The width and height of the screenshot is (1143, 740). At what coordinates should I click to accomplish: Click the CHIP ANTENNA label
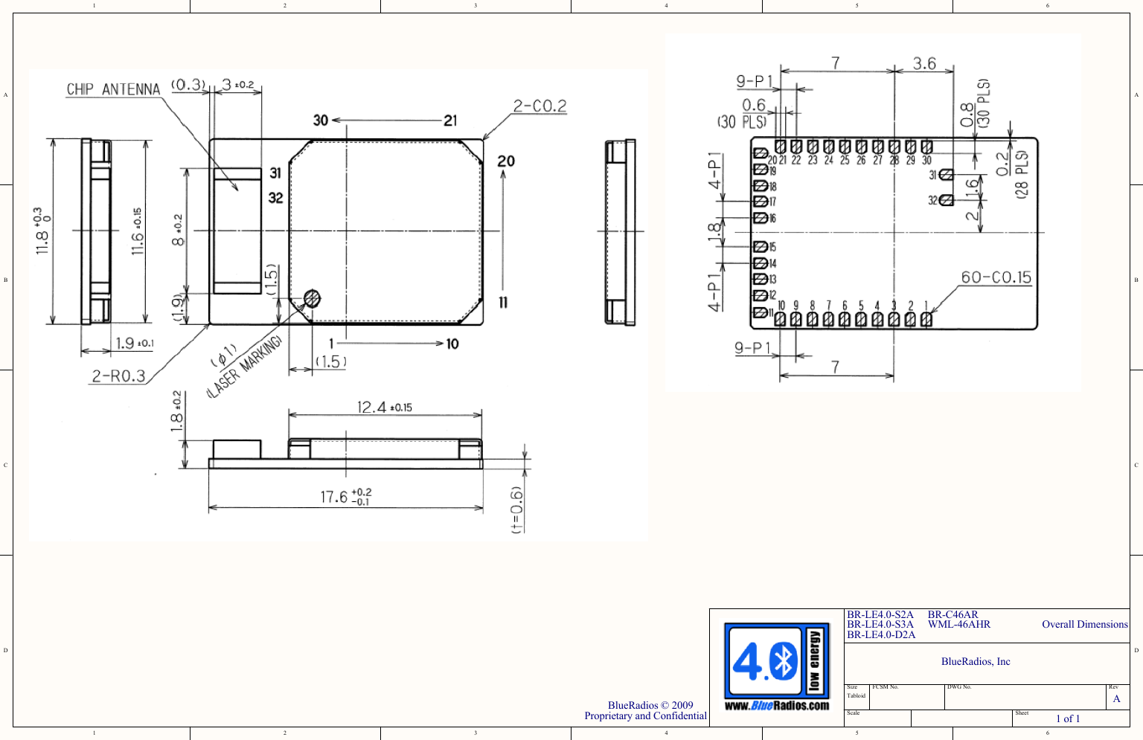tap(113, 89)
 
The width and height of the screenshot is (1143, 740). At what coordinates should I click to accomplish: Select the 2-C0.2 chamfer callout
tap(540, 106)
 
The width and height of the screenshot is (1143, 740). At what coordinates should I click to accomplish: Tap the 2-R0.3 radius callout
tap(118, 376)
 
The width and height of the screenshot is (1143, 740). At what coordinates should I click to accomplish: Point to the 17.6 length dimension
tap(345, 497)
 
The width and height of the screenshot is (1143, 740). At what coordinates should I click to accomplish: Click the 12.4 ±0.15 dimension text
tap(384, 407)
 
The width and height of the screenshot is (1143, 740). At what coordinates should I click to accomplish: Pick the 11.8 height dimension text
tap(43, 231)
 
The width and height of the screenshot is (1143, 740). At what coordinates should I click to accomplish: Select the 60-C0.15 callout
tap(996, 277)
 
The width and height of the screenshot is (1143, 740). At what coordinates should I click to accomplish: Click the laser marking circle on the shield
tap(313, 299)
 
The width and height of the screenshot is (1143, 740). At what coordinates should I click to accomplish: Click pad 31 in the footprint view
tap(946, 175)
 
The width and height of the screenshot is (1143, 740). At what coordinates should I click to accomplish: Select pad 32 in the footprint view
tap(946, 200)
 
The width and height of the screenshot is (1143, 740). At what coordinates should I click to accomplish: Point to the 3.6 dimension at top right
tap(924, 63)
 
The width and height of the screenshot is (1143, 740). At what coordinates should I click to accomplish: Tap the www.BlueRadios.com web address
tap(776, 706)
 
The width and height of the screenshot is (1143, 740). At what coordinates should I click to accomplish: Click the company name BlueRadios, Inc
tap(976, 662)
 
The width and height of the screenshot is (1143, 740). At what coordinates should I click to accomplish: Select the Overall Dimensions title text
tap(1084, 625)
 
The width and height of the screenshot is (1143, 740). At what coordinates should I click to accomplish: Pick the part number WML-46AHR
tap(958, 625)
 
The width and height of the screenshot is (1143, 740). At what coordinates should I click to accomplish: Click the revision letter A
tap(1116, 699)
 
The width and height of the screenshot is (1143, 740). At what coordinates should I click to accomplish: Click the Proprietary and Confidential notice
tap(645, 716)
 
